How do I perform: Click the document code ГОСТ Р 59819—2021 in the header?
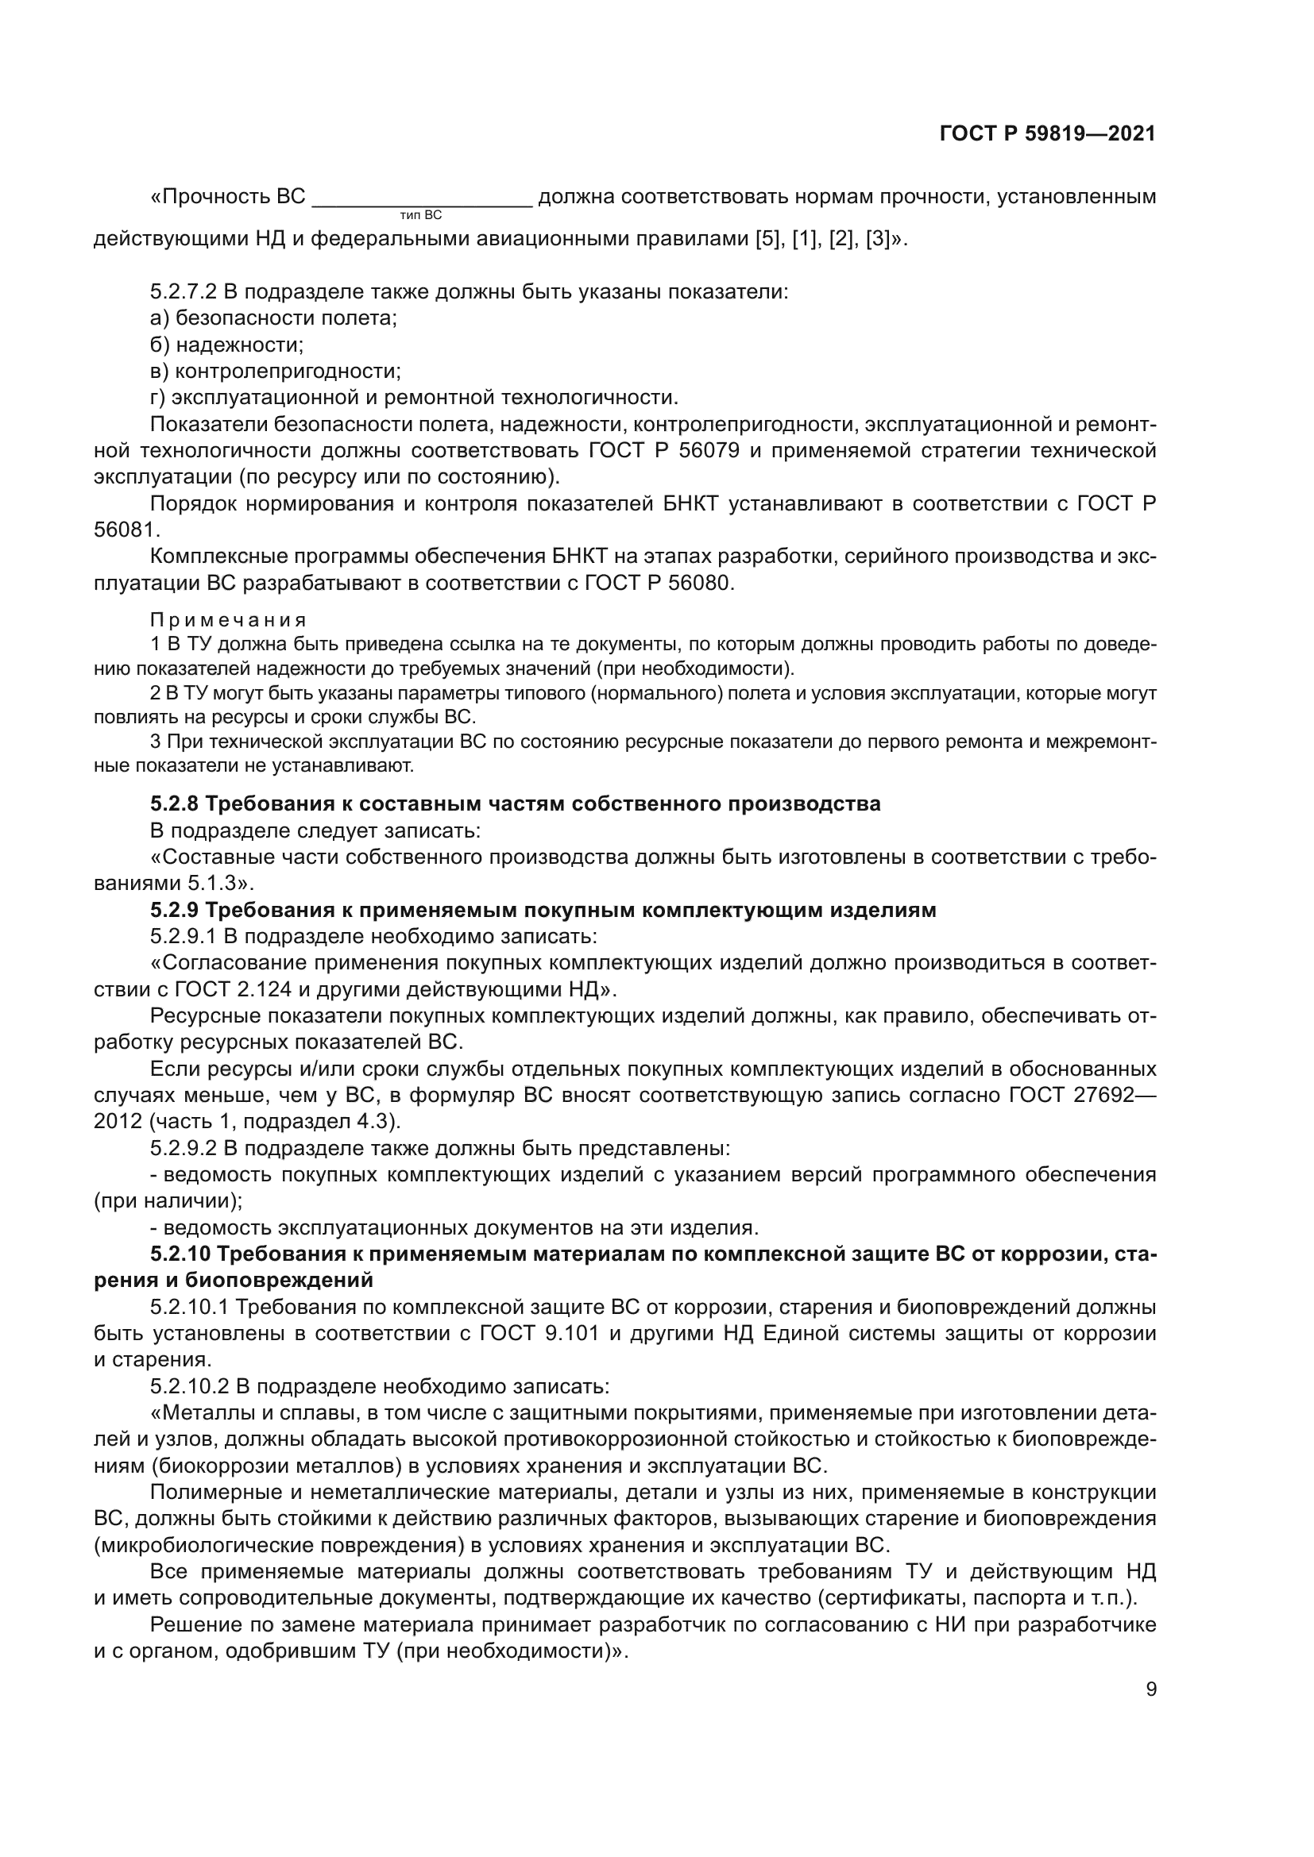tap(1047, 133)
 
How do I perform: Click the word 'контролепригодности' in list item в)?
tap(288, 372)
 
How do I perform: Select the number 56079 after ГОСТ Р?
tap(710, 450)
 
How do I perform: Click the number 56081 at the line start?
tap(127, 530)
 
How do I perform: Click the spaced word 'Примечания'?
tap(228, 620)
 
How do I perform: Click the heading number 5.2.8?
tap(174, 804)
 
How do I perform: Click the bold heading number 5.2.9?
tap(174, 910)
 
